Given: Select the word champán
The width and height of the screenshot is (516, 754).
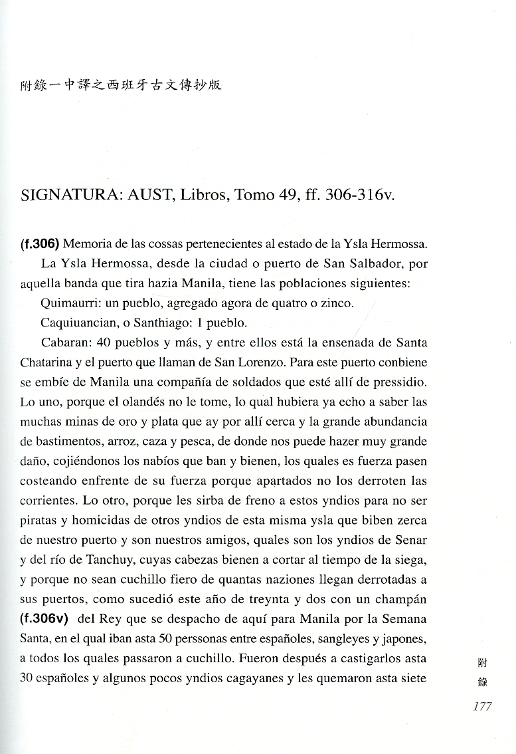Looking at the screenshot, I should [x=400, y=598].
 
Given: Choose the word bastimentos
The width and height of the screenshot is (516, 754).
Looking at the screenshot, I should [x=58, y=441].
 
